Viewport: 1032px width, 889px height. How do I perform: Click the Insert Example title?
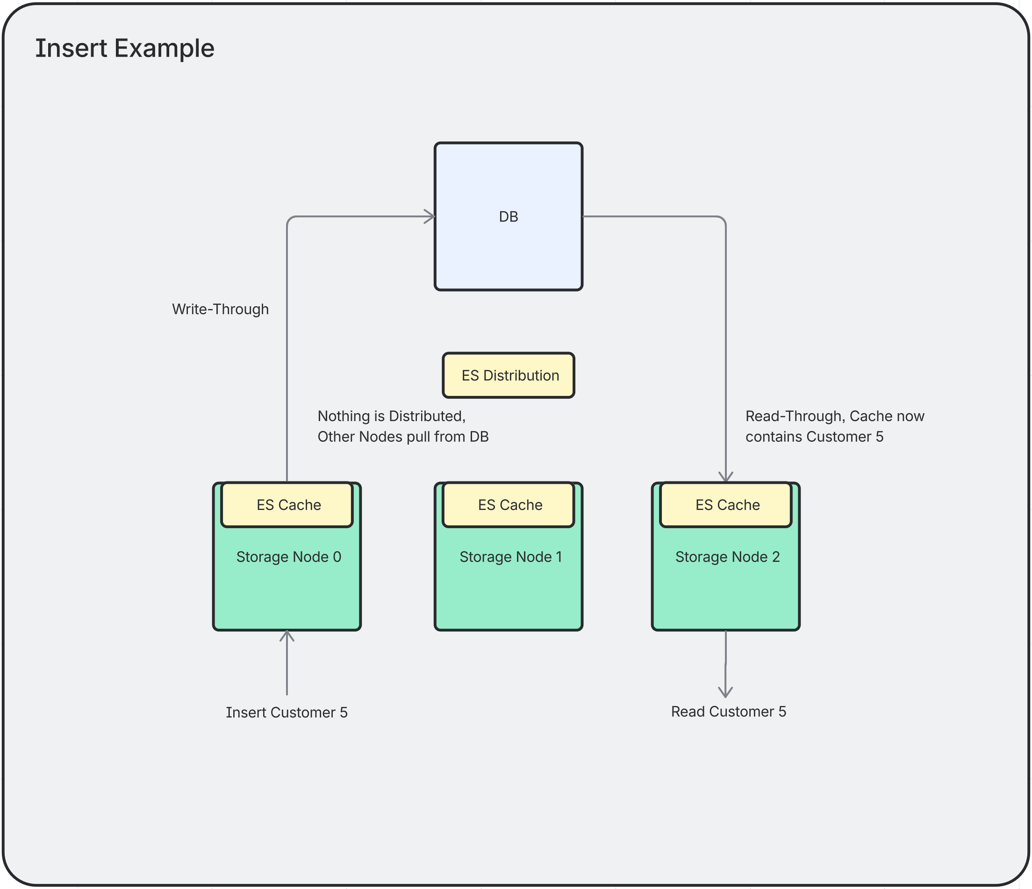pos(124,49)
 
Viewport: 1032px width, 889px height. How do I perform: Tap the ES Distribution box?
pos(508,375)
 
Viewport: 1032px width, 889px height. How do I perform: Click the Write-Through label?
pos(220,309)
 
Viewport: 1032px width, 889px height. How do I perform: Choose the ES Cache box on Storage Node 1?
pos(509,505)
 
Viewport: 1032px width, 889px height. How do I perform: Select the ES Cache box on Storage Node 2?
pos(726,505)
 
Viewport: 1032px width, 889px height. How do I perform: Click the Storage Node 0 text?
pos(288,557)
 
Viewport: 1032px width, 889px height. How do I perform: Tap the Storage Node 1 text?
pos(510,557)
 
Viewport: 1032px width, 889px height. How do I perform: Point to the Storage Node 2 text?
pos(727,557)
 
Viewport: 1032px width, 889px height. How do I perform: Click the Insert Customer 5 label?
pos(287,713)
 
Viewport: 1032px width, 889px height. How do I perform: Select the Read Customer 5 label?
pos(728,712)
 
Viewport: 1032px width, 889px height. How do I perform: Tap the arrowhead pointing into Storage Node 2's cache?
pos(726,477)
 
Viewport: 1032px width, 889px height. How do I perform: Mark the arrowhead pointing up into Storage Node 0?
pos(287,636)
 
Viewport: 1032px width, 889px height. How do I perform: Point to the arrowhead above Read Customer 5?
pos(725,692)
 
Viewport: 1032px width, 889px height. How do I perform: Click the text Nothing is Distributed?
pos(392,416)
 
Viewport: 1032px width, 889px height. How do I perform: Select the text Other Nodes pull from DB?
pos(403,437)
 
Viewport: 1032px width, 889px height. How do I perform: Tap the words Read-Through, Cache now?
pos(834,416)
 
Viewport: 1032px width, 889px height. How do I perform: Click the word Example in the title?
pos(164,49)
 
